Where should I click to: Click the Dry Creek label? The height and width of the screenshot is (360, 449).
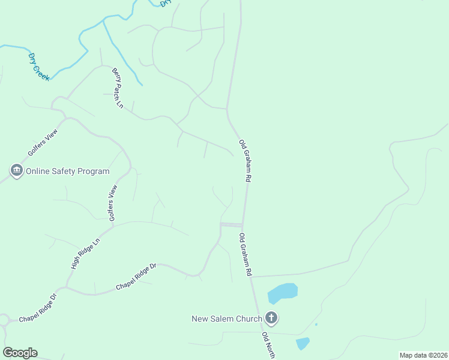(39, 67)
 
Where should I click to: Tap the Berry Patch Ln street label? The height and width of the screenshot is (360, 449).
(117, 88)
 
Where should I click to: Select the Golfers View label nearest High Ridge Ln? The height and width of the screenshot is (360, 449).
(112, 203)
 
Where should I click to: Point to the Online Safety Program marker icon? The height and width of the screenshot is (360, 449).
(16, 171)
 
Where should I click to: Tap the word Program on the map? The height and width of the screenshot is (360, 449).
(94, 171)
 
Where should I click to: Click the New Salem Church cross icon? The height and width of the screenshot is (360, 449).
(271, 318)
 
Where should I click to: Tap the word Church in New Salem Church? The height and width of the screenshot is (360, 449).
(250, 319)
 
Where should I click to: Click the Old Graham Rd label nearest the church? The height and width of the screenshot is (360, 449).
(245, 254)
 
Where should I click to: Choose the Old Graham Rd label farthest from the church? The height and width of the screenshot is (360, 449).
(244, 161)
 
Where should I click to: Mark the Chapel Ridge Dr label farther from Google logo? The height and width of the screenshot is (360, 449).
(136, 277)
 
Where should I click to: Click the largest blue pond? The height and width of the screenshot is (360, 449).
(282, 293)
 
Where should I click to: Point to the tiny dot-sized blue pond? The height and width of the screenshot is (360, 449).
(316, 324)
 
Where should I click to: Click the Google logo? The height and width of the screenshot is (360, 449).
(20, 352)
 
